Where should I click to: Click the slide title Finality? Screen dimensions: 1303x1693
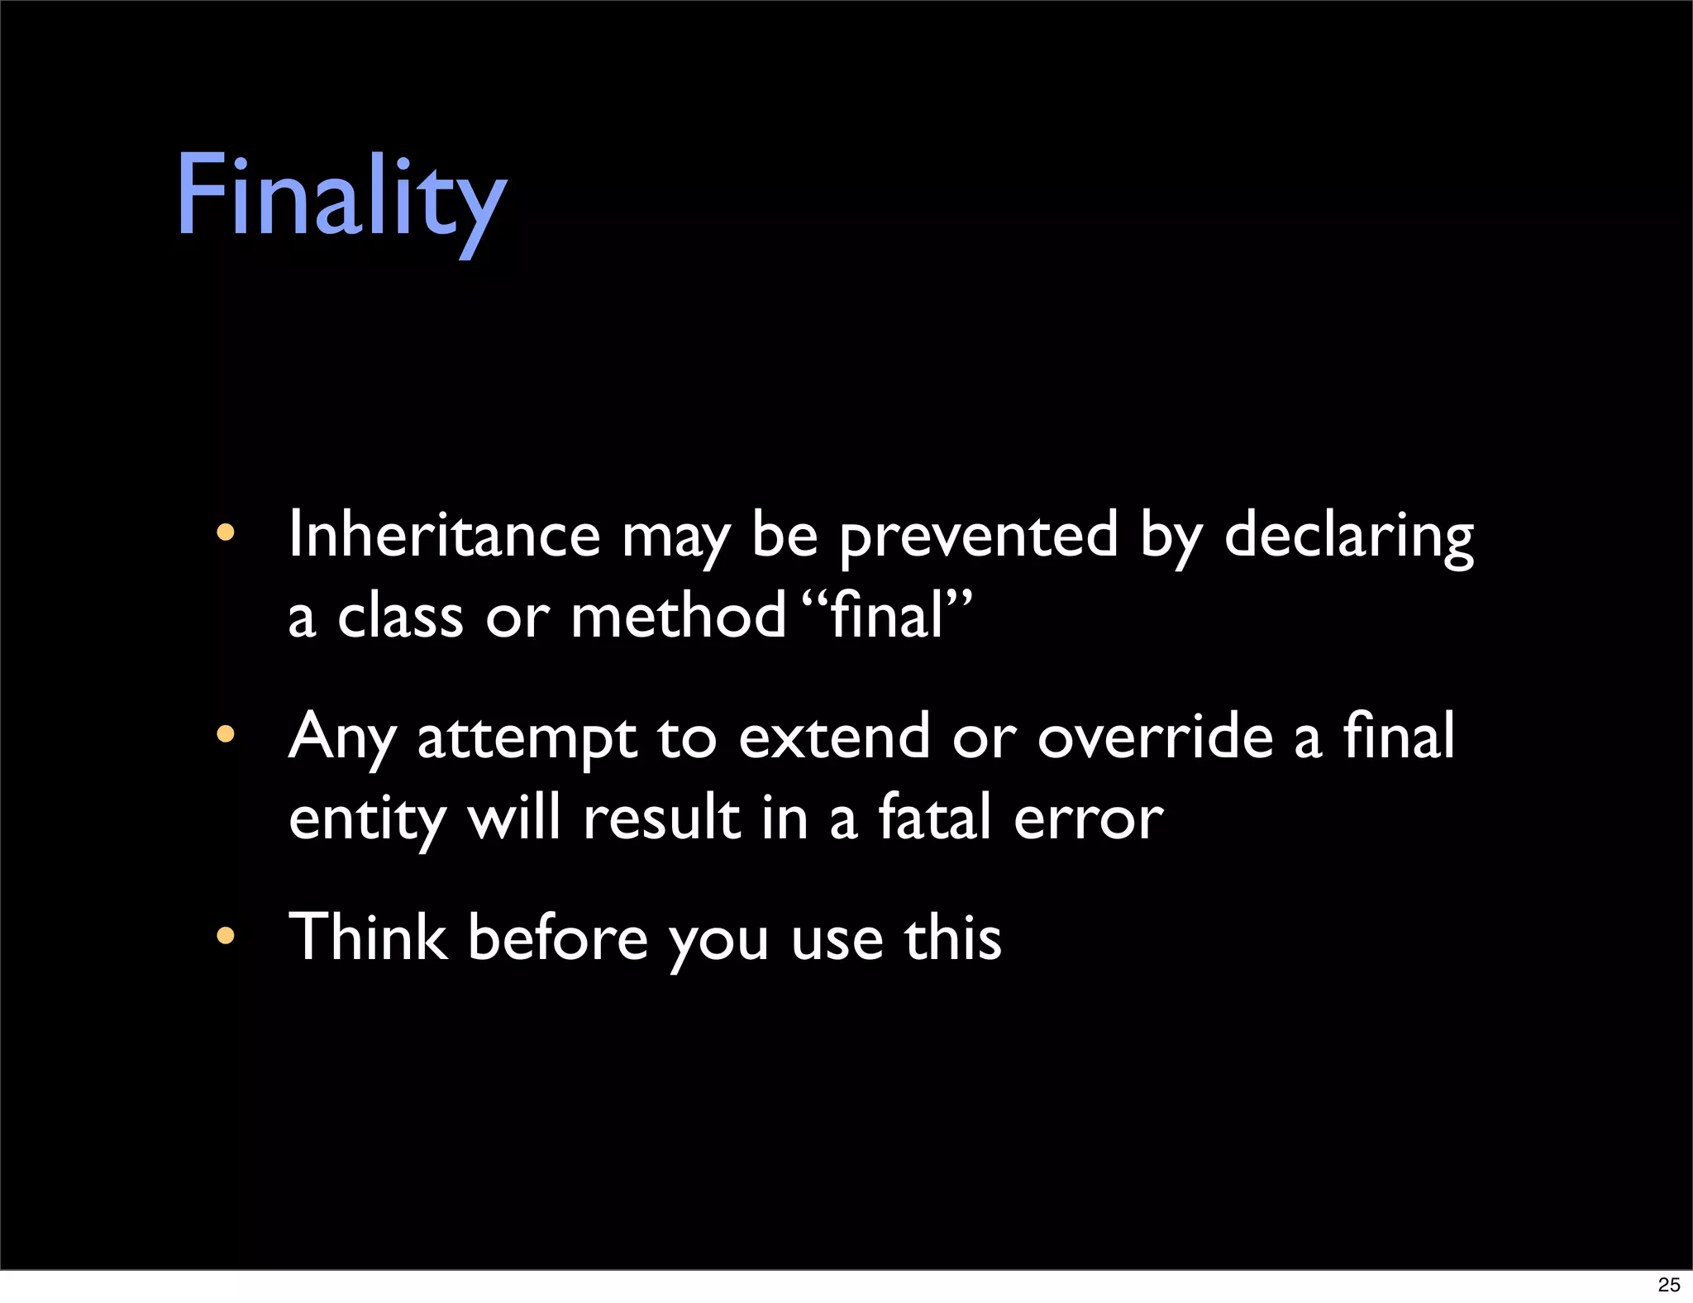point(341,198)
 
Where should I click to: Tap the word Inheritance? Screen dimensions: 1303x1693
point(444,536)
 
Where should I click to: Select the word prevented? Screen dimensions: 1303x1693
point(979,536)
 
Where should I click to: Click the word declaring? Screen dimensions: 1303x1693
point(1348,536)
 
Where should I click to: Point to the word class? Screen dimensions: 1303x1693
point(400,617)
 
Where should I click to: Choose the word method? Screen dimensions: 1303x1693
point(678,617)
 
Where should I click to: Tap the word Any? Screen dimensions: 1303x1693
point(341,737)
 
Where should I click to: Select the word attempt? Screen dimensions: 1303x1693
point(527,737)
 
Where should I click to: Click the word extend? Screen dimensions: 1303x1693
point(834,736)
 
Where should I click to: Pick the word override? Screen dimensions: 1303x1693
point(1155,736)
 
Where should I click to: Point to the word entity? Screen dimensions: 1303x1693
point(367,819)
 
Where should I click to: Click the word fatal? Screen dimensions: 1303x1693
point(933,817)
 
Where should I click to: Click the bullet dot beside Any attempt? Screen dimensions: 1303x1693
point(225,734)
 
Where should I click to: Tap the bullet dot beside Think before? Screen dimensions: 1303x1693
point(225,936)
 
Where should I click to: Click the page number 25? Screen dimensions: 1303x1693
point(1669,1284)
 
